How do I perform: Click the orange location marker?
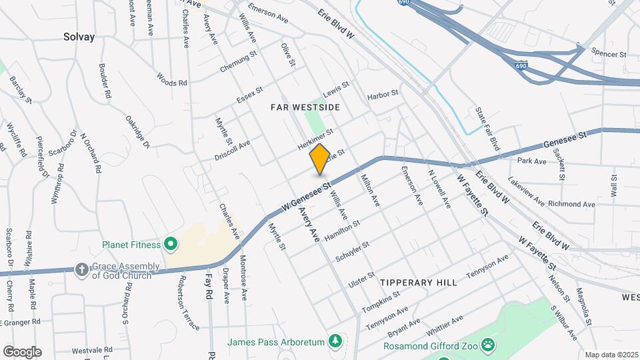pyautogui.click(x=319, y=159)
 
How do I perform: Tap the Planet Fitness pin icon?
pyautogui.click(x=170, y=244)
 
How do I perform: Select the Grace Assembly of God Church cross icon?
pyautogui.click(x=81, y=269)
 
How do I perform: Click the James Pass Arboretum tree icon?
pyautogui.click(x=336, y=342)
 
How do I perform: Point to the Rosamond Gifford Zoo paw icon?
pyautogui.click(x=489, y=345)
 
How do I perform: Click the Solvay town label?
pyautogui.click(x=79, y=37)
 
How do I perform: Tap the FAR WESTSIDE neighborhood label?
pyautogui.click(x=305, y=107)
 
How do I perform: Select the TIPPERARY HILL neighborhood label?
pyautogui.click(x=419, y=283)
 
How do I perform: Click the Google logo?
pyautogui.click(x=22, y=351)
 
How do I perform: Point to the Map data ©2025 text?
pyautogui.click(x=611, y=355)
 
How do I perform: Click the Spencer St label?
pyautogui.click(x=611, y=53)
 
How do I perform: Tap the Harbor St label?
pyautogui.click(x=383, y=97)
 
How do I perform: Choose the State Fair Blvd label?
pyautogui.click(x=487, y=128)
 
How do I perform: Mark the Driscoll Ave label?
pyautogui.click(x=231, y=150)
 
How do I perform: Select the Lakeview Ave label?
pyautogui.click(x=526, y=193)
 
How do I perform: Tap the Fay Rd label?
pyautogui.click(x=208, y=287)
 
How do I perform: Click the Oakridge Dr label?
pyautogui.click(x=137, y=131)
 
